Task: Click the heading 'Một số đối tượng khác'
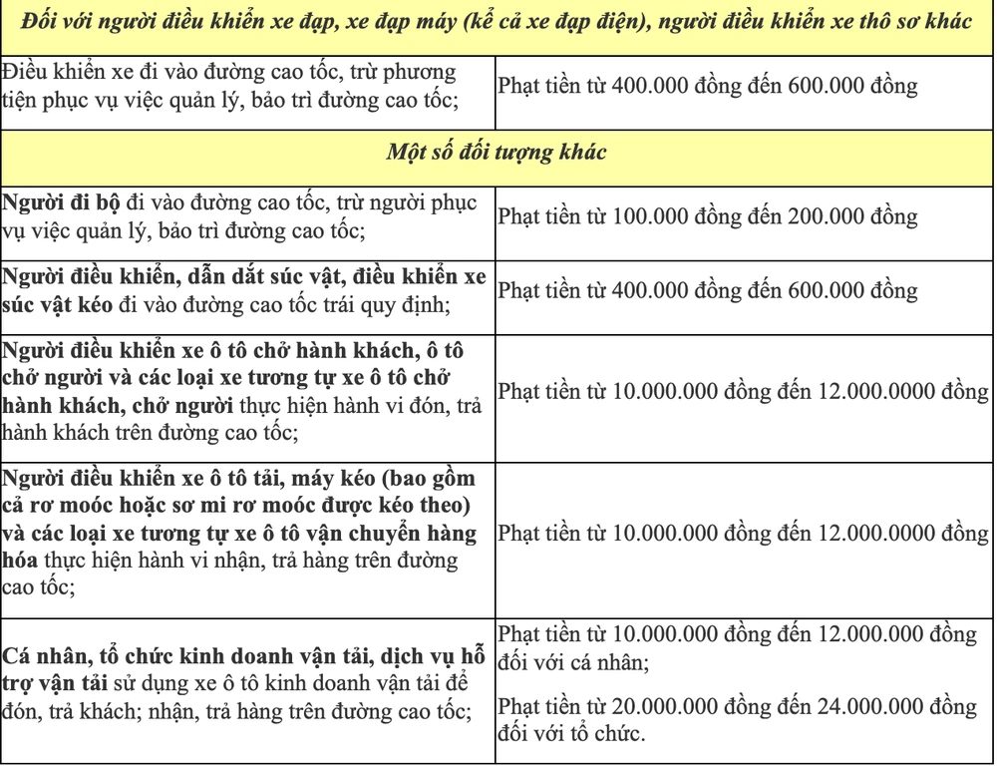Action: (498, 155)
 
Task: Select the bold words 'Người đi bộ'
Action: (61, 201)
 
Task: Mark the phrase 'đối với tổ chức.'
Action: (572, 736)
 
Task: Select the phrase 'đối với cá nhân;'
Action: (574, 660)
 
